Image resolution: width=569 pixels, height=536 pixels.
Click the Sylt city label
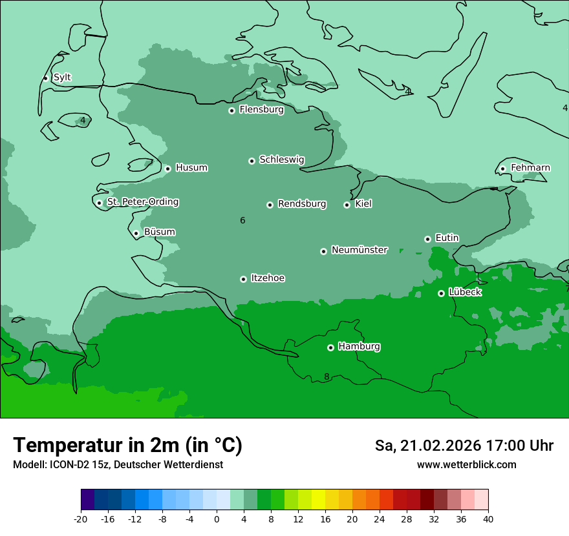tap(62, 77)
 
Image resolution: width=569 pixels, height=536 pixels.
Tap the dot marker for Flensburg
tap(231, 110)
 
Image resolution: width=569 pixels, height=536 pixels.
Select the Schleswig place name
tap(281, 160)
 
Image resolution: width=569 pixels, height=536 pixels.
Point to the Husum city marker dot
tap(167, 169)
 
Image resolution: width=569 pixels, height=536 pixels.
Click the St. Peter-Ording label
tap(142, 202)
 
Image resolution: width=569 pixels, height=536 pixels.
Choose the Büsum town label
tap(159, 232)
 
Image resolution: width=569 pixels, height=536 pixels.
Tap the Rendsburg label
tap(302, 204)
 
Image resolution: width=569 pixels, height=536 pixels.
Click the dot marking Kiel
tap(347, 205)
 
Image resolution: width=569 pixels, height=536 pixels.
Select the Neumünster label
tap(360, 250)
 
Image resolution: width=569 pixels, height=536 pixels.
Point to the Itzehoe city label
tap(268, 278)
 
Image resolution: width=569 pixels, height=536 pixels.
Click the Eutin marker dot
tap(427, 239)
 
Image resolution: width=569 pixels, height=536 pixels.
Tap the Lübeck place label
tap(465, 292)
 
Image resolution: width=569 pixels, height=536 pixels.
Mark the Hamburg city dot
tap(330, 347)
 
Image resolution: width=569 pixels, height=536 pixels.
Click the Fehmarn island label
tap(530, 168)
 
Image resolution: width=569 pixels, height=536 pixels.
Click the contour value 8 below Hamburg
tap(327, 377)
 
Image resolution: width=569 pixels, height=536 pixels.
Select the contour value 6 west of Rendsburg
tap(242, 221)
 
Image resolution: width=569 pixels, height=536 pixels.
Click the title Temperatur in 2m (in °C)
tap(127, 445)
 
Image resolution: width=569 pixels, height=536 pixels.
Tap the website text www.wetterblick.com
tap(466, 464)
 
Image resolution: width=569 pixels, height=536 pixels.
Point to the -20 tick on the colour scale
tap(81, 519)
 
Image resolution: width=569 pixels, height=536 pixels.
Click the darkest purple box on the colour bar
tap(87, 500)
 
